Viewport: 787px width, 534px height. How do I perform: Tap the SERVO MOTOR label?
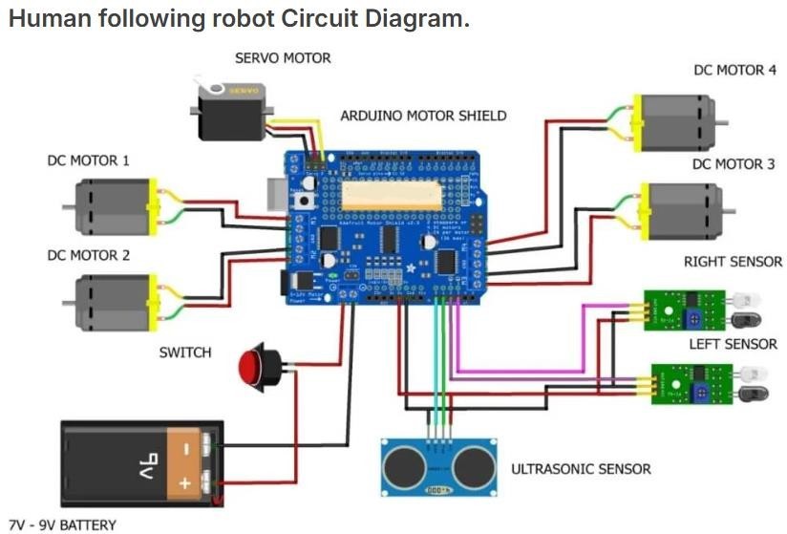coord(283,58)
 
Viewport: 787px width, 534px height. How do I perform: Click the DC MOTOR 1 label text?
coord(88,160)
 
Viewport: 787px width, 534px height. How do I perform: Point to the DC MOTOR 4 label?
coord(734,71)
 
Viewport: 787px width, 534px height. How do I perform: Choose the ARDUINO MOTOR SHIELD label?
coord(423,116)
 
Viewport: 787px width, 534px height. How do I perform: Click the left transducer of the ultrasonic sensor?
coord(405,465)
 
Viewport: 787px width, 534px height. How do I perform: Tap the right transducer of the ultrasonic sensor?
coord(473,465)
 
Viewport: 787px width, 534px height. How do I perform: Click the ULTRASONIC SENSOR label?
coord(581,469)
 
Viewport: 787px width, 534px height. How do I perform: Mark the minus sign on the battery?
coord(187,446)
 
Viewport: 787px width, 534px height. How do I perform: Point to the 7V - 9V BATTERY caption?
coord(62,524)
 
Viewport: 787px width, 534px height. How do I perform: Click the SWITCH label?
coord(185,352)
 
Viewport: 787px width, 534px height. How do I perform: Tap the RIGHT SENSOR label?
coord(733,262)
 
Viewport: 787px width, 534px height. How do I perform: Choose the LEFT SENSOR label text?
coord(733,344)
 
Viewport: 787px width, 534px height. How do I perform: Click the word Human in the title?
coord(48,19)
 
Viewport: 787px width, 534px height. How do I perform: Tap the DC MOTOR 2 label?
coord(88,256)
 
